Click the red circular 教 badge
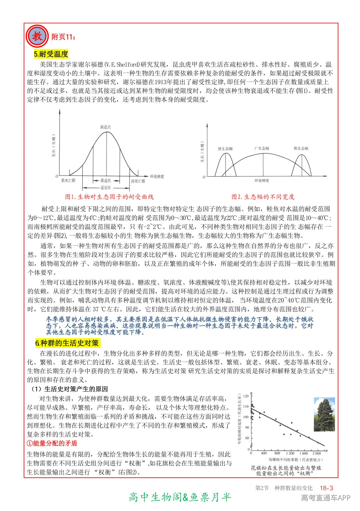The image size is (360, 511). coord(37,36)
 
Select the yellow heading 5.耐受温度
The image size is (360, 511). coord(51,54)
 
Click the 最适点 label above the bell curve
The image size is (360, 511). coord(105,127)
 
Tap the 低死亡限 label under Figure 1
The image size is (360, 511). coord(68,181)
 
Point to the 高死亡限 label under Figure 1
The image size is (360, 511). coord(138,181)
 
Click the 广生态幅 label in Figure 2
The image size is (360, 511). coord(262,148)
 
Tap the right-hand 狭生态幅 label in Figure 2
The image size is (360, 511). coord(301,148)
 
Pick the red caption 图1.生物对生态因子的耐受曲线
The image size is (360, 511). coord(109,197)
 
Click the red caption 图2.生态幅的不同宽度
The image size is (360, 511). coord(263,197)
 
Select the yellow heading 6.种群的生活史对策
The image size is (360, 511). coord(67,343)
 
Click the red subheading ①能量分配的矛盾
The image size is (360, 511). coord(52,443)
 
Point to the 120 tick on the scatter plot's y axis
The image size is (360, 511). coord(246,396)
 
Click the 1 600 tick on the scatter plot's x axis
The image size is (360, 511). coord(303,453)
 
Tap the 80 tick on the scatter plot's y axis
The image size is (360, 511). coord(247,438)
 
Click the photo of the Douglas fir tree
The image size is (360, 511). coord(324,414)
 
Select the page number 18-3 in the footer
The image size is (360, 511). coord(326,488)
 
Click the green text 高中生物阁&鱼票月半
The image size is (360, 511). coord(180,497)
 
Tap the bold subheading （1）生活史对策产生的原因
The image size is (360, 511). coord(69,389)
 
